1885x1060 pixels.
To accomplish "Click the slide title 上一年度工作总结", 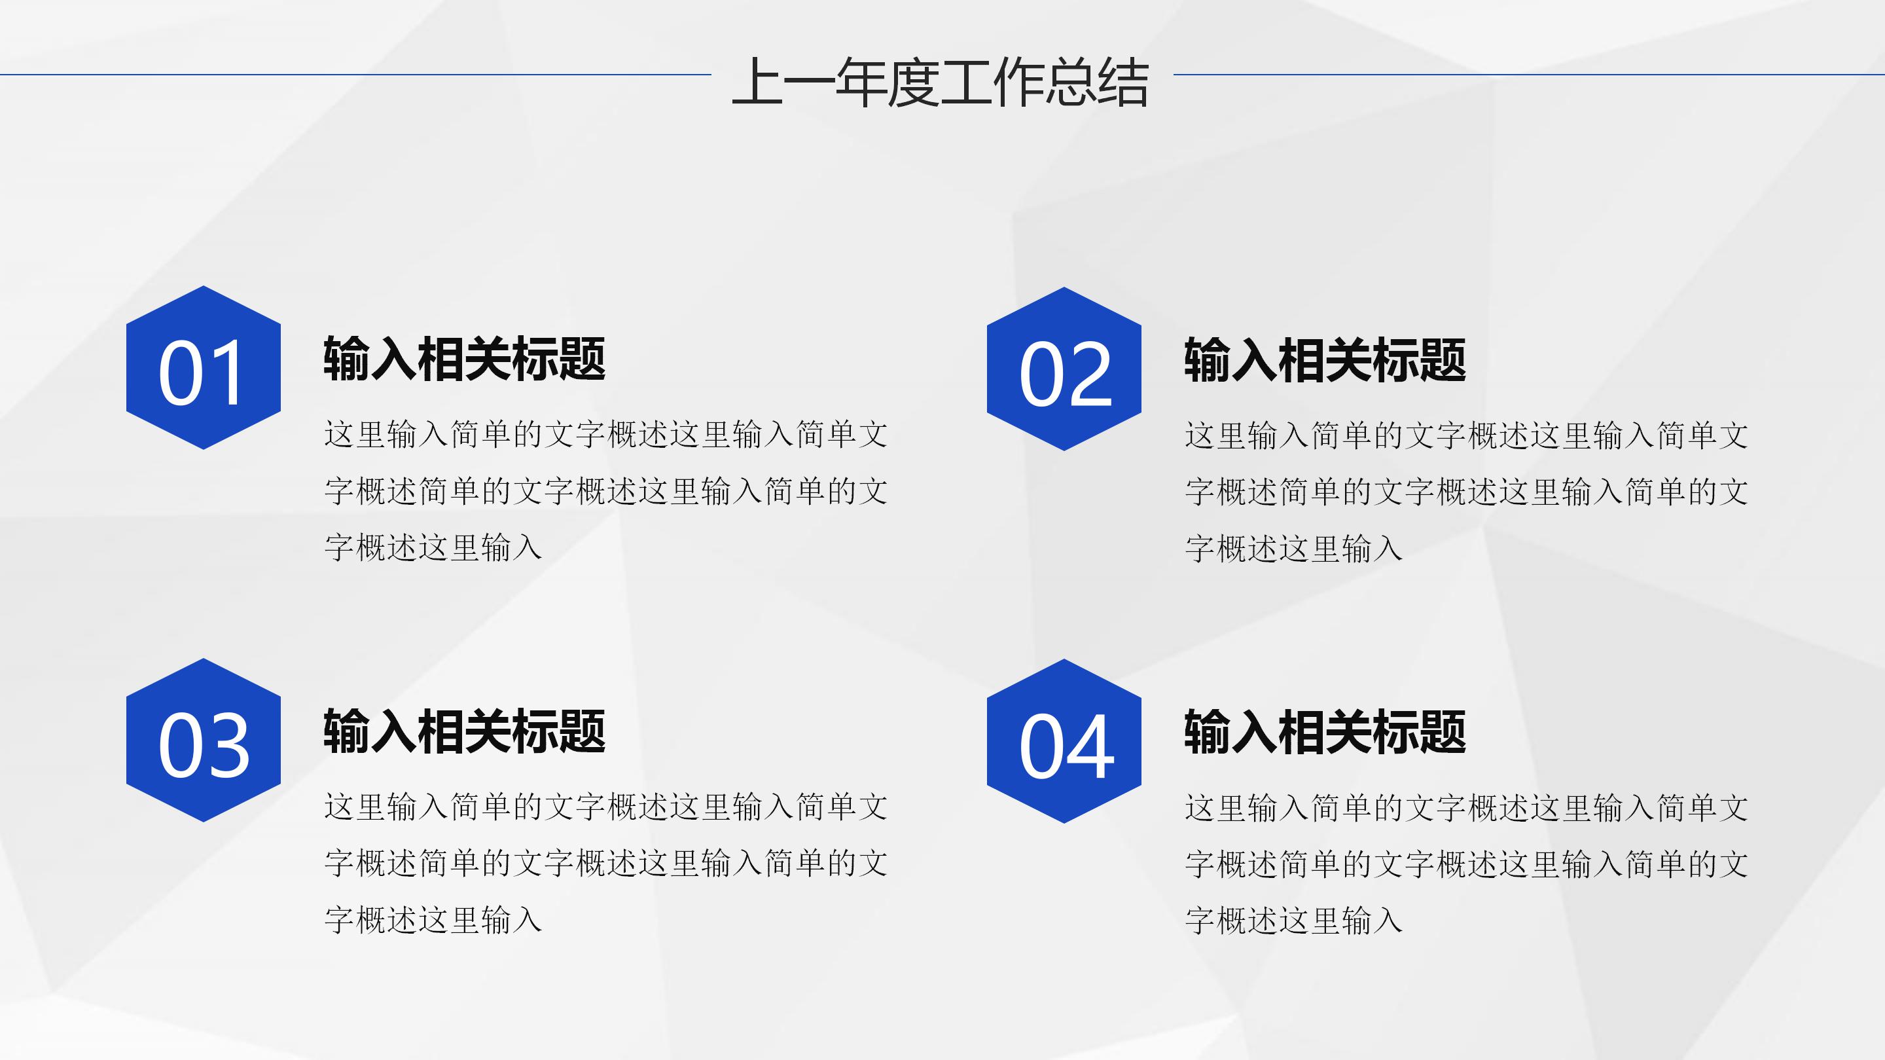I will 941,82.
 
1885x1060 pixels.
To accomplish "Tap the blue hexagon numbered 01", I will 204,367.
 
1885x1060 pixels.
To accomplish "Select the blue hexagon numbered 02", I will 1064,369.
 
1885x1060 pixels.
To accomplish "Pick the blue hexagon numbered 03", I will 204,740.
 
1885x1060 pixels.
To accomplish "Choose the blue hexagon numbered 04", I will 1064,741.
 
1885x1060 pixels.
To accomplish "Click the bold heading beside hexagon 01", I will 464,359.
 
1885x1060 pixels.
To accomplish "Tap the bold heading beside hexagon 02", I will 1325,360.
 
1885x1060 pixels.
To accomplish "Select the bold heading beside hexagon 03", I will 464,731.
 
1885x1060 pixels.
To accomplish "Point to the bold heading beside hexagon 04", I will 1325,732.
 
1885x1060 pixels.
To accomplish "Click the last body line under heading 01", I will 433,547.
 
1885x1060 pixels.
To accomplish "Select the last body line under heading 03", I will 433,920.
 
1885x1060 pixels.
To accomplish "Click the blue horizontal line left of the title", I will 355,75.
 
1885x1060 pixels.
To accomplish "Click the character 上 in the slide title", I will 757,82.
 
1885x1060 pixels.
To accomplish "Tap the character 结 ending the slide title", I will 1122,82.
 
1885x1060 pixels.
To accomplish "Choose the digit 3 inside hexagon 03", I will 228,746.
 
